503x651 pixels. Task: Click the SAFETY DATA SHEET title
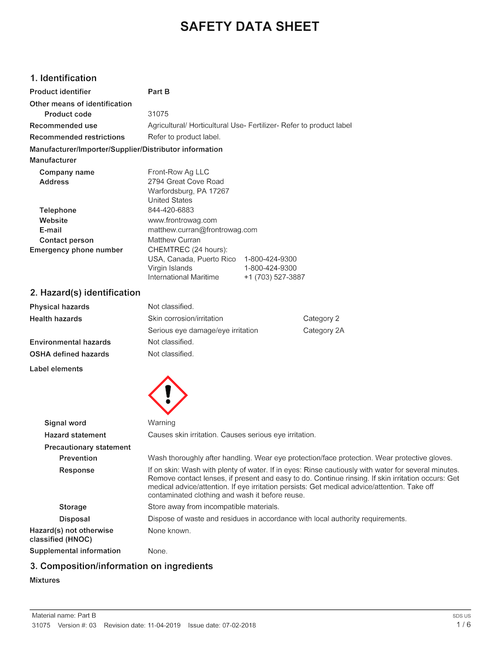pos(250,27)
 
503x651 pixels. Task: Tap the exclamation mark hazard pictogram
pos(168,395)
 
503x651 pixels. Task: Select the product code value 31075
pos(158,114)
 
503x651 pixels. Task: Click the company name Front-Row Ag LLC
pos(178,172)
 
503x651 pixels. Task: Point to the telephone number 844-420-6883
pos(171,210)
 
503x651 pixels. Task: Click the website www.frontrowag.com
pos(183,220)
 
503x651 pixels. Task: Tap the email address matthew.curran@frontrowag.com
pos(203,230)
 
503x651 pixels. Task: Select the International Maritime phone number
pos(274,277)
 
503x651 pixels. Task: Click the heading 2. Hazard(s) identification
pos(85,293)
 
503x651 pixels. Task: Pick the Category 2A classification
pos(324,331)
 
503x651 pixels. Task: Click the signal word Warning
pos(162,423)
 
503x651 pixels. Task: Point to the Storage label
pos(73,507)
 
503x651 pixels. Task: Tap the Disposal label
pos(75,519)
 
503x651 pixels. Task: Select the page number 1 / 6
pos(463,625)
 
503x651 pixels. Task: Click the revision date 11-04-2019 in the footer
pos(164,625)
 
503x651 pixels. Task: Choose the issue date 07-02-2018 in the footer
pos(239,625)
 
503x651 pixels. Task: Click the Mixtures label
pos(45,580)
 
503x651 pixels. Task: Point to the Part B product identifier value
pos(159,92)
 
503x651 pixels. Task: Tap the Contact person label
pos(67,240)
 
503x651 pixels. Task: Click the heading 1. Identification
pos(63,78)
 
